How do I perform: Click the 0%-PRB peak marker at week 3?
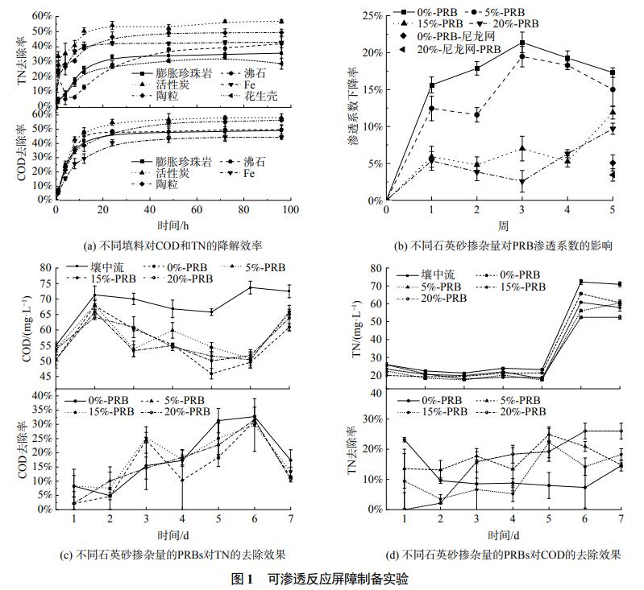pyautogui.click(x=522, y=43)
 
